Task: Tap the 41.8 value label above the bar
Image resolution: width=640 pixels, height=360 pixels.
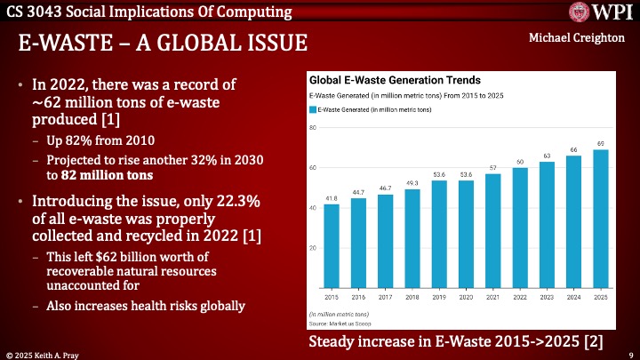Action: pyautogui.click(x=332, y=199)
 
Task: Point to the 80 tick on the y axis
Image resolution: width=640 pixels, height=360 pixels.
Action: pyautogui.click(x=313, y=128)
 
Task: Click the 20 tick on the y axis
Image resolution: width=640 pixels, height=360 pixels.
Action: pyautogui.click(x=313, y=248)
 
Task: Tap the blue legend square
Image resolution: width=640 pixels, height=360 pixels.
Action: pyautogui.click(x=312, y=109)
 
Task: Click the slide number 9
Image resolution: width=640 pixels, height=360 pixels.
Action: pyautogui.click(x=629, y=353)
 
